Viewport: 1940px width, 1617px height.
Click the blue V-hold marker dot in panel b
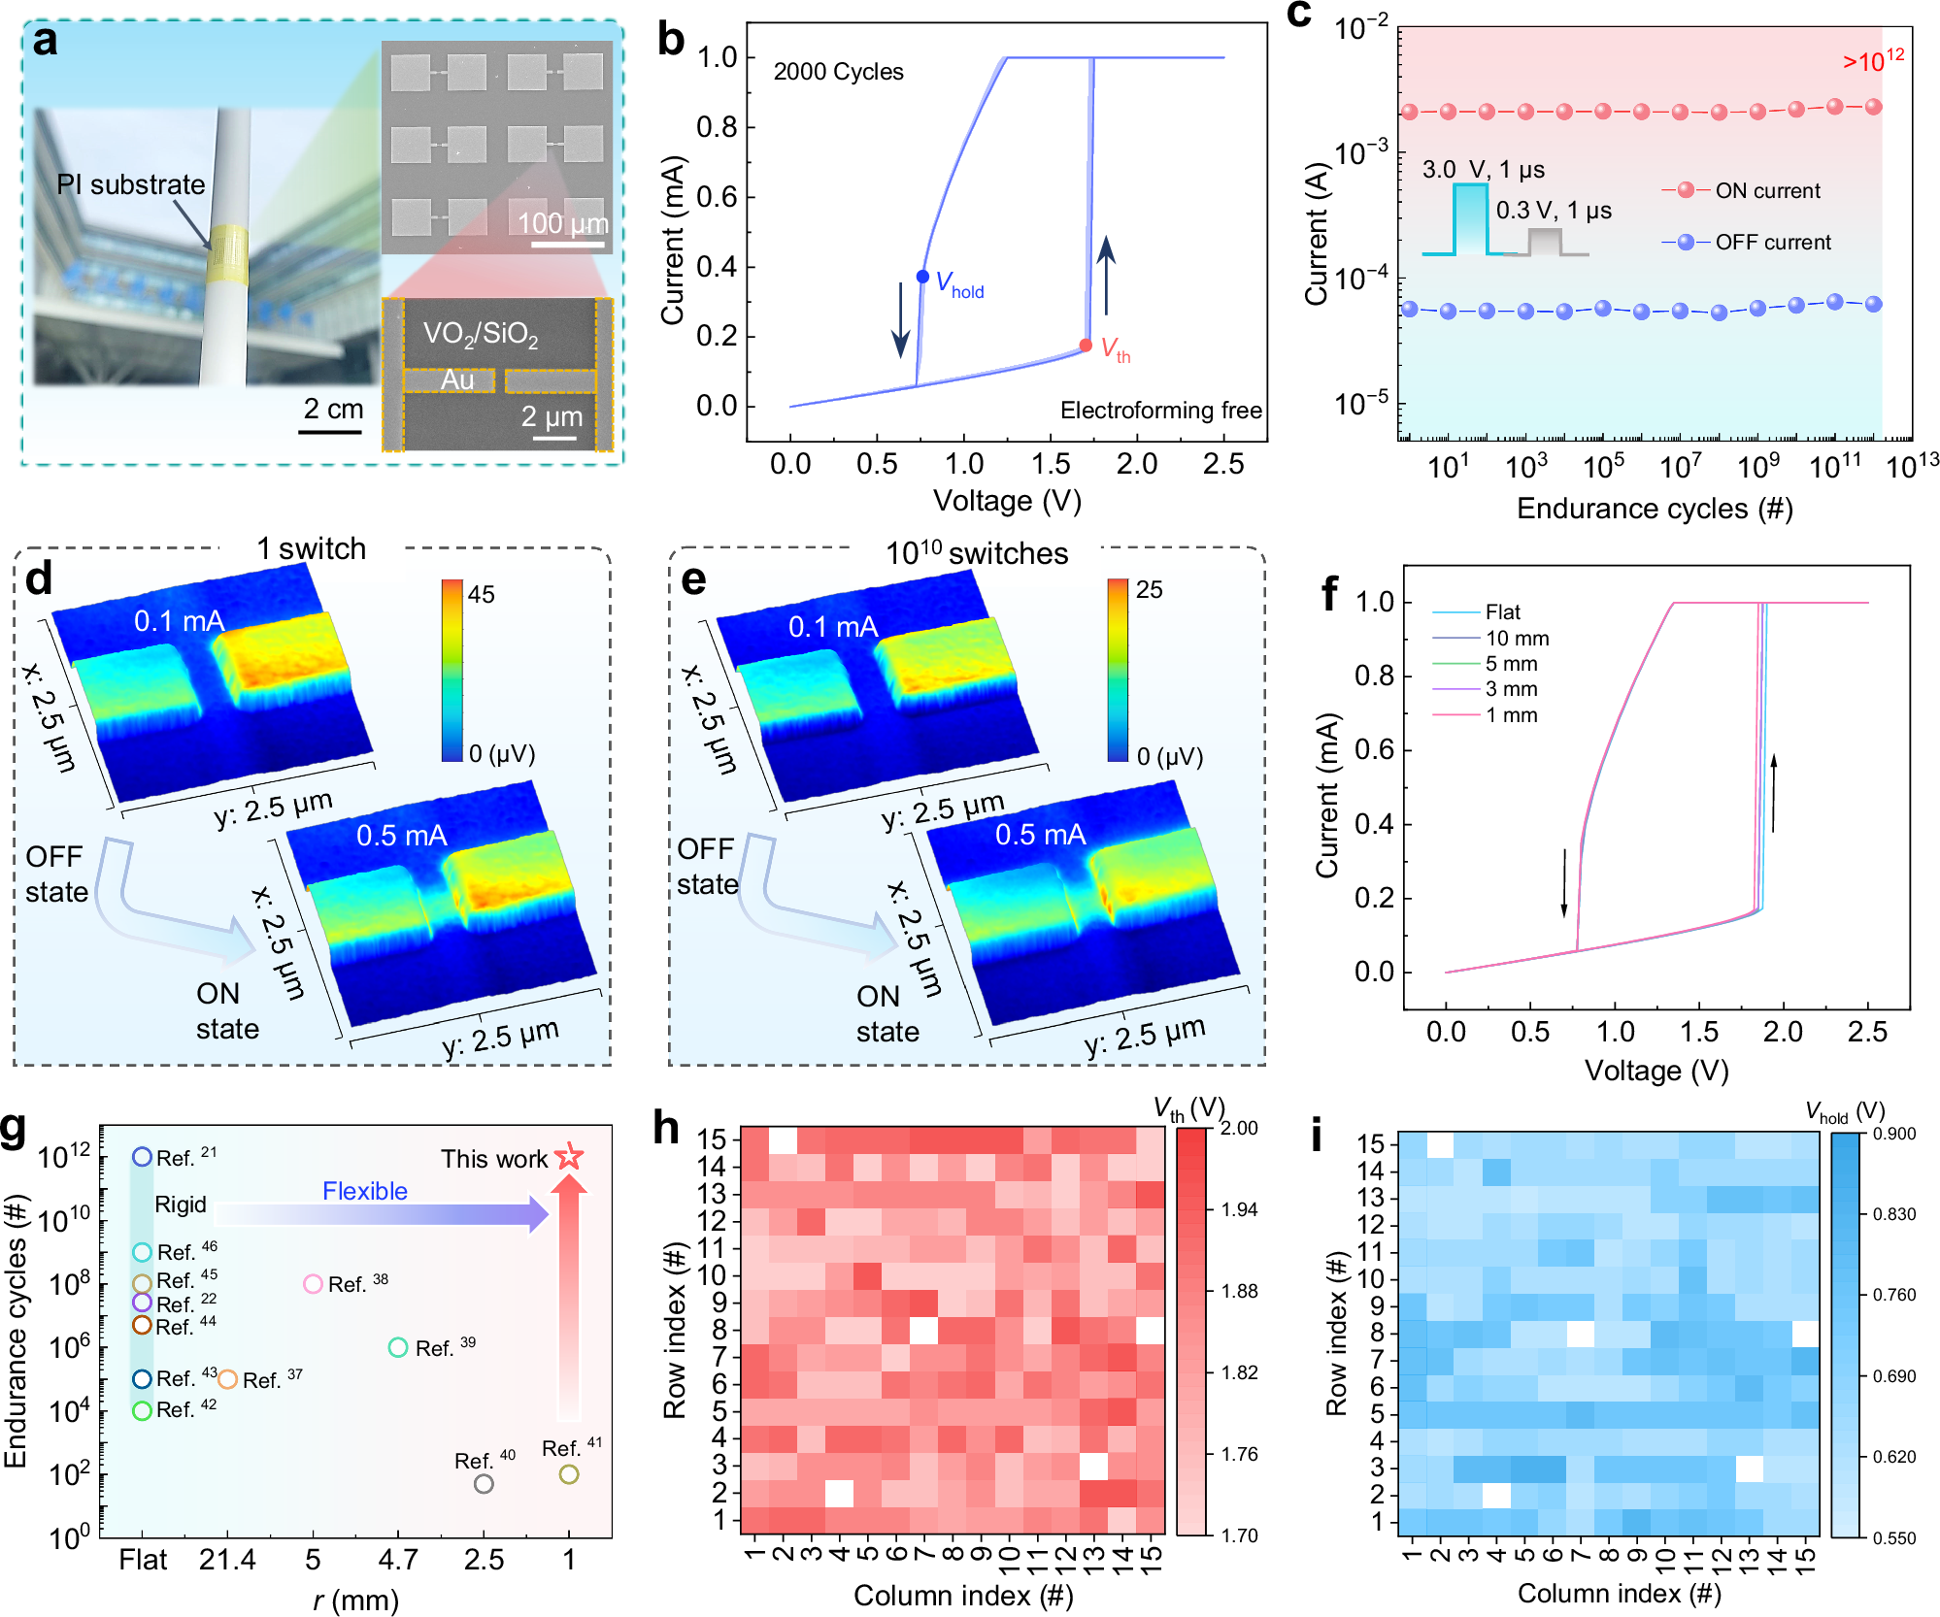pyautogui.click(x=922, y=277)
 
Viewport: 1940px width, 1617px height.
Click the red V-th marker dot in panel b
pyautogui.click(x=1086, y=346)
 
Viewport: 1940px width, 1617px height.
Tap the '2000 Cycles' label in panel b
pyautogui.click(x=838, y=72)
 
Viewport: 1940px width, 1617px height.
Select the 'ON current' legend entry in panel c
pyautogui.click(x=1766, y=190)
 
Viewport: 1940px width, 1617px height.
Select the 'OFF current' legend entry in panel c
pyautogui.click(x=1772, y=242)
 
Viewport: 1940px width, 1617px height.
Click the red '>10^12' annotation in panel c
pyautogui.click(x=1872, y=60)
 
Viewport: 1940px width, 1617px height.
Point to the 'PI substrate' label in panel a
pyautogui.click(x=131, y=184)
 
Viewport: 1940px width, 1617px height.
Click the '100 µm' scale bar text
pyautogui.click(x=562, y=223)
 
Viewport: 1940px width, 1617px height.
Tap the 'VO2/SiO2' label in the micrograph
pyautogui.click(x=480, y=335)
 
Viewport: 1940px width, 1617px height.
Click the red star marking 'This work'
pyautogui.click(x=569, y=1156)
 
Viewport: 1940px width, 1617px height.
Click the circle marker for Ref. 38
pyautogui.click(x=313, y=1284)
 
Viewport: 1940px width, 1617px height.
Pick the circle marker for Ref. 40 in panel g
pyautogui.click(x=484, y=1483)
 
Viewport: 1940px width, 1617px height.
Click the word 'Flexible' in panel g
pyautogui.click(x=365, y=1191)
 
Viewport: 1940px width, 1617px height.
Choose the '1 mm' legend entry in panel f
pyautogui.click(x=1511, y=715)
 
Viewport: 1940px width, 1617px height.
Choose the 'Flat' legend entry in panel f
pyautogui.click(x=1502, y=611)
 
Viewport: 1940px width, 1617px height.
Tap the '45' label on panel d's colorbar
pyautogui.click(x=481, y=594)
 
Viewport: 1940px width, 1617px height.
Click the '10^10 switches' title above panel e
pyautogui.click(x=976, y=552)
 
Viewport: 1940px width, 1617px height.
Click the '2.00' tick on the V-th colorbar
pyautogui.click(x=1239, y=1128)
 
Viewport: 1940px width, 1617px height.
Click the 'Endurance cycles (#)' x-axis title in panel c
pyautogui.click(x=1655, y=509)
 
